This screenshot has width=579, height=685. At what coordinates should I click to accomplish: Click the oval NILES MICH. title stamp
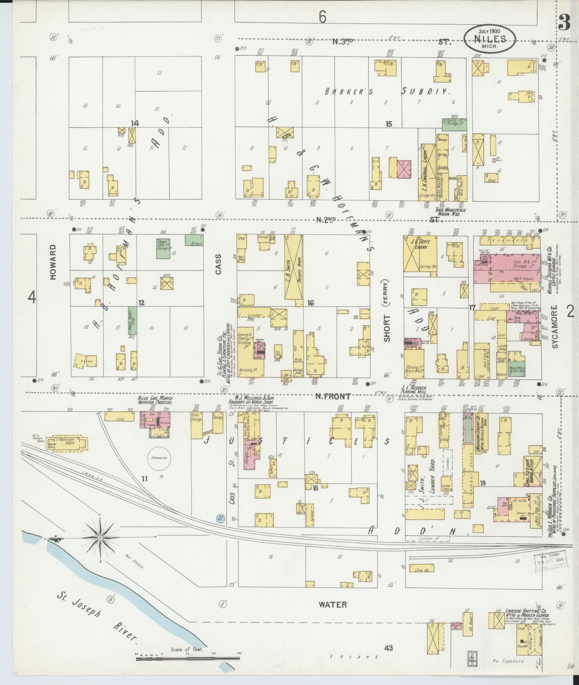coord(490,39)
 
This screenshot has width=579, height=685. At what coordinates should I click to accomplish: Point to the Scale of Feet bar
coord(188,659)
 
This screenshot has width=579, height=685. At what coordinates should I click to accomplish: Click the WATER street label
coord(333,604)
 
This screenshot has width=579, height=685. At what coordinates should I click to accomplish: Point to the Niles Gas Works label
coord(155,400)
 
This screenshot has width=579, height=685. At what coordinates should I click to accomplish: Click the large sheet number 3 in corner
coord(564,23)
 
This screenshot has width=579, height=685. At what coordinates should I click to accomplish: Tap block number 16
coord(311,303)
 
